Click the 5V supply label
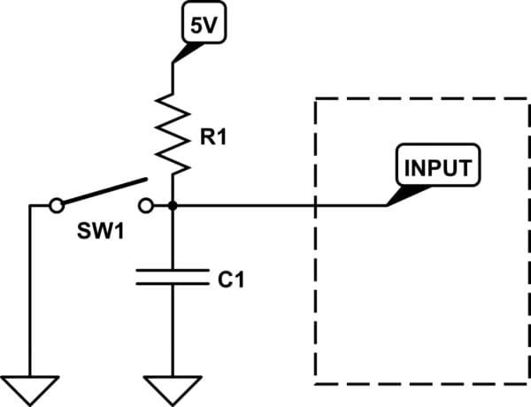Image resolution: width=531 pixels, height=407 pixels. [203, 25]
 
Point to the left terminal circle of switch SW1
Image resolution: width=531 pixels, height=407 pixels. [57, 205]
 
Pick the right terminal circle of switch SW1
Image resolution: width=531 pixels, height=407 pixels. [147, 205]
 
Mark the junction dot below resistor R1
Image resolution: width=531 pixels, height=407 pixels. [173, 205]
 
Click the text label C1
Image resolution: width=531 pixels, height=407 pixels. [230, 280]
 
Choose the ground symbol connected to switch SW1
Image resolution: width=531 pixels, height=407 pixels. [30, 388]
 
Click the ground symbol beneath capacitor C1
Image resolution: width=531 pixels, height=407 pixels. [173, 388]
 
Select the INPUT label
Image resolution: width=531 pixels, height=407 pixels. [438, 167]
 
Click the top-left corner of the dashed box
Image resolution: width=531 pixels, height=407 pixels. [316, 98]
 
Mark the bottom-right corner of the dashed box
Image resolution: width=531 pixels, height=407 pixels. [518, 384]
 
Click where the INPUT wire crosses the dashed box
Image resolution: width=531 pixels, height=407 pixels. [316, 205]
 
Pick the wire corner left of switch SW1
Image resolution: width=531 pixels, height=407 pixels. [30, 205]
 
